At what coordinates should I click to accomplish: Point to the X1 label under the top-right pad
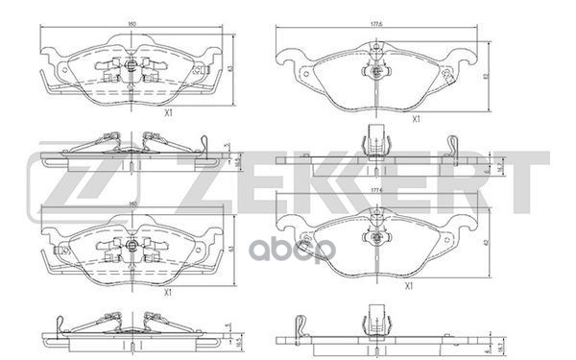(x=415, y=119)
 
